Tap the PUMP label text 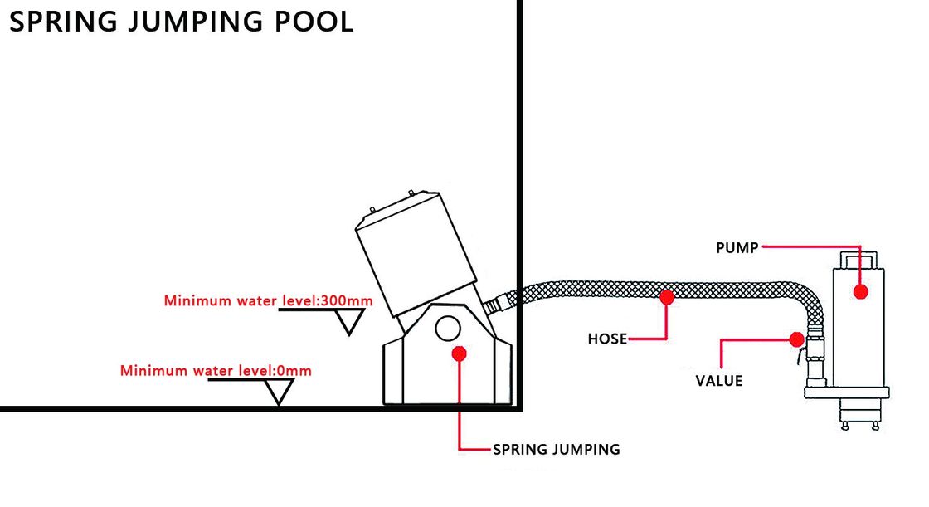point(737,247)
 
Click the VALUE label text point(719,381)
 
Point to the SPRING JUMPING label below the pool point(557,450)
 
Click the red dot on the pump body point(860,292)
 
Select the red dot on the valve point(796,339)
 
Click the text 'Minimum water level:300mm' point(268,300)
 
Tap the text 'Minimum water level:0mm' point(216,371)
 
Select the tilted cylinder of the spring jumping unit point(411,246)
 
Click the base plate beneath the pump point(847,390)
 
